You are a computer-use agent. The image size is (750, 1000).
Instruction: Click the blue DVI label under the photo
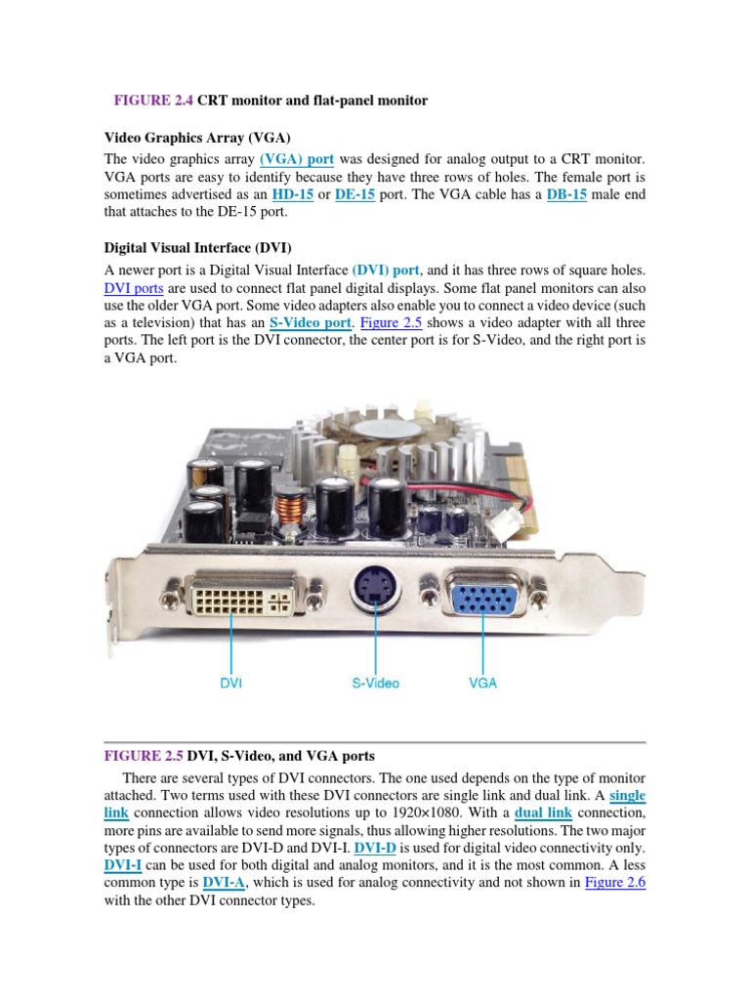(x=231, y=684)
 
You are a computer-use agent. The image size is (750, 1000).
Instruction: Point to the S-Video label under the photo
(x=376, y=684)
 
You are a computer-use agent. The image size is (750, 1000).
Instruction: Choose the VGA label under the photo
(x=482, y=684)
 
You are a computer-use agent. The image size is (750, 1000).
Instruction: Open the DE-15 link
(x=354, y=195)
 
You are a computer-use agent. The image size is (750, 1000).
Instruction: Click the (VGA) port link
(x=297, y=158)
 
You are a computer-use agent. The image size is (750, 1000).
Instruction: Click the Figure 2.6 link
(x=615, y=883)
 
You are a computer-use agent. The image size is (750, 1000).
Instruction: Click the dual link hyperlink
(x=543, y=812)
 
